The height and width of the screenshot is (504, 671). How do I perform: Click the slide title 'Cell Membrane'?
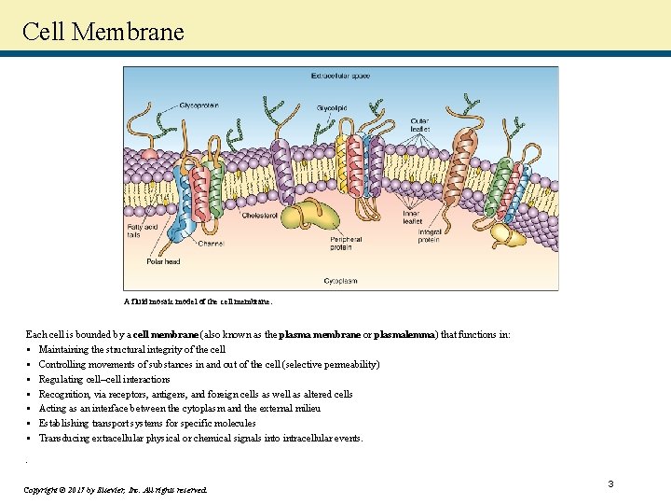[103, 31]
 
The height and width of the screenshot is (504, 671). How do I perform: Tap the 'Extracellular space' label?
[341, 75]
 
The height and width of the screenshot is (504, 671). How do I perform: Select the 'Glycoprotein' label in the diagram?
[199, 105]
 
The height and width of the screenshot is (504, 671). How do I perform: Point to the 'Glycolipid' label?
[331, 108]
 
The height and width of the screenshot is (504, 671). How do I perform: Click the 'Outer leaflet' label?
[419, 125]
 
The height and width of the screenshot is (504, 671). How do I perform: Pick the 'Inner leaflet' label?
[411, 217]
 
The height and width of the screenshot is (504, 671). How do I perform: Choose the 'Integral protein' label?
[430, 236]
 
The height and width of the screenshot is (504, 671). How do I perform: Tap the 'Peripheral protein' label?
[346, 243]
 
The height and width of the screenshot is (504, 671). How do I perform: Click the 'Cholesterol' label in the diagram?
[259, 216]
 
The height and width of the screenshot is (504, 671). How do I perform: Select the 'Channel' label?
[212, 244]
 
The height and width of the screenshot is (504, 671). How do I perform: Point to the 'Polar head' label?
[163, 261]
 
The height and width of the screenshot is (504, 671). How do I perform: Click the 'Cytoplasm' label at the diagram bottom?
[340, 280]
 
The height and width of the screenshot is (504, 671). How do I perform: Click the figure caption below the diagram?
[198, 301]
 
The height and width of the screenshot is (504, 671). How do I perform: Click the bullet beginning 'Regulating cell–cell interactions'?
[104, 379]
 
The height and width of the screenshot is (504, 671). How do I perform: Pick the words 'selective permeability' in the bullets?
[326, 364]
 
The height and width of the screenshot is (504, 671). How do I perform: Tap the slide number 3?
[610, 483]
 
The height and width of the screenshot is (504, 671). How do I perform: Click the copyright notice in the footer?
[116, 489]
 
